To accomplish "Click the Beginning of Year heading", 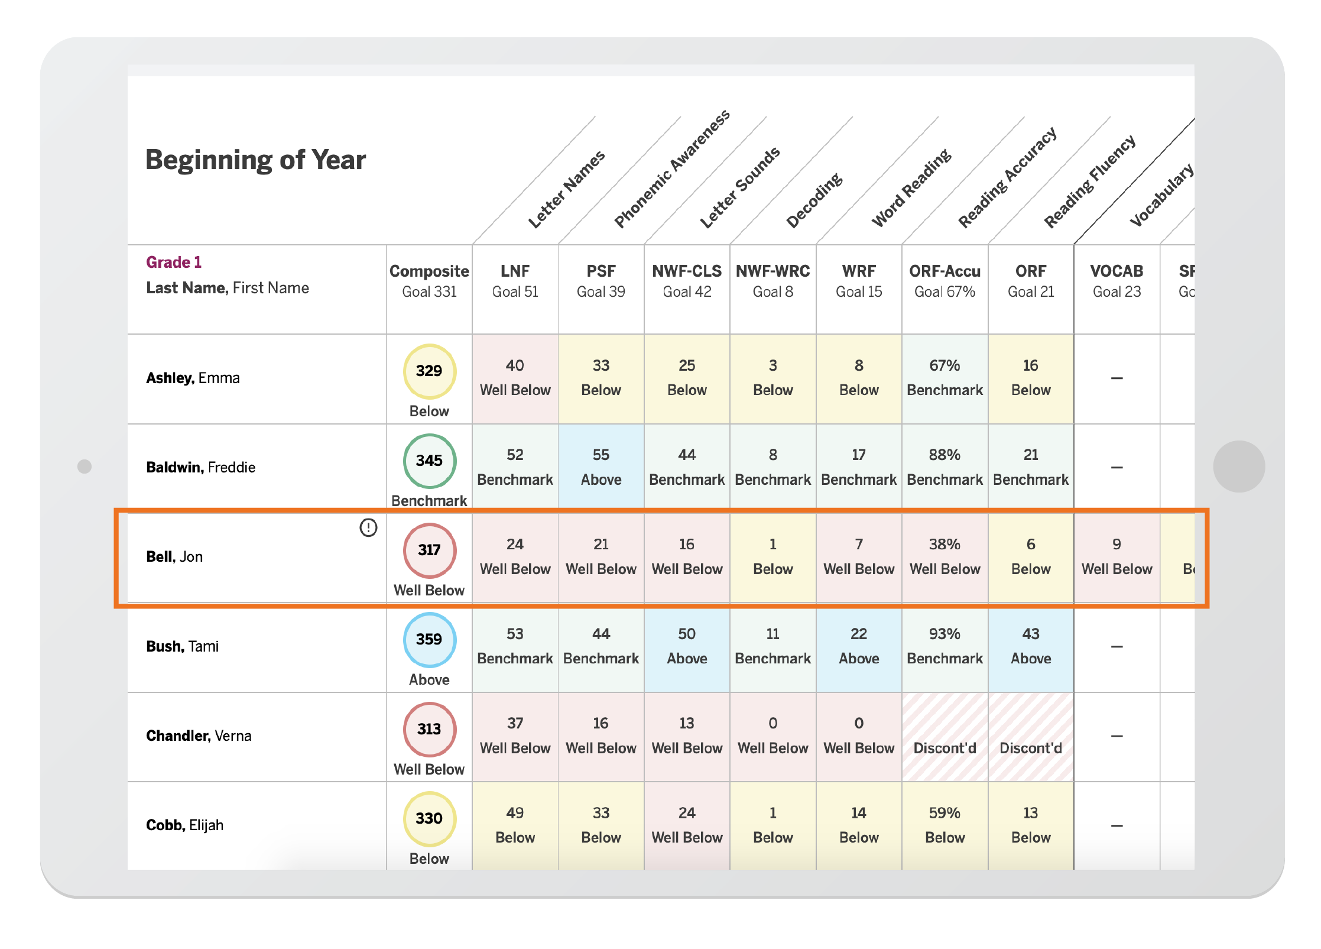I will tap(255, 160).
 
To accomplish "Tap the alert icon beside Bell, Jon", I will tap(368, 527).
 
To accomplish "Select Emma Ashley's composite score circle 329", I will tap(429, 371).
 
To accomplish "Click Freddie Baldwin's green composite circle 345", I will tap(429, 461).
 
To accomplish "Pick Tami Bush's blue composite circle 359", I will tap(429, 640).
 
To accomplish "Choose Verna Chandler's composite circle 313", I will tap(429, 729).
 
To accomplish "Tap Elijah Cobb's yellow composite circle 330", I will tap(429, 819).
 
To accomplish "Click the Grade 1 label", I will tap(174, 263).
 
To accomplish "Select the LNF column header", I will tap(515, 281).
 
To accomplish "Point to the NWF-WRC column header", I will tap(773, 281).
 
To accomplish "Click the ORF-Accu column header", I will tap(945, 281).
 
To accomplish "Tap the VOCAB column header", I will tap(1116, 281).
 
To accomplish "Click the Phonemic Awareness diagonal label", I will tap(672, 169).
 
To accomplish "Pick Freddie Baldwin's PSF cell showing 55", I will tap(601, 467).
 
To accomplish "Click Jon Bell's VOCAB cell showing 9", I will tap(1116, 556).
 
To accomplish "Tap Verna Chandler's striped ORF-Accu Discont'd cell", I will tap(945, 737).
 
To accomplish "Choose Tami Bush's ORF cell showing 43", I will tap(1031, 646).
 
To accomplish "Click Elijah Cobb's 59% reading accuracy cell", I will tap(945, 825).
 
